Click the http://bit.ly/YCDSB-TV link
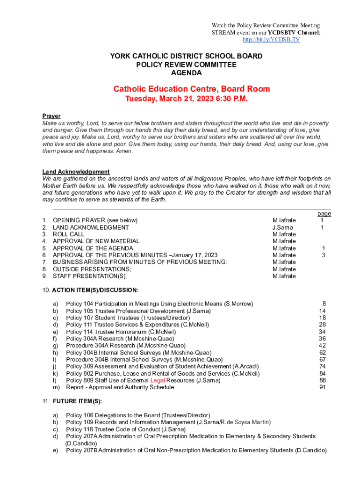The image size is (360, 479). point(271,40)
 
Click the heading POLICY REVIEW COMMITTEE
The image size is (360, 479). point(186,65)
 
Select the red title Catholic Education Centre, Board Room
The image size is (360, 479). point(191,89)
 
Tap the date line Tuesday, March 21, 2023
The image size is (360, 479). point(186,99)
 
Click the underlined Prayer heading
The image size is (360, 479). point(51,116)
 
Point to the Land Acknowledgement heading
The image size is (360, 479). point(76,172)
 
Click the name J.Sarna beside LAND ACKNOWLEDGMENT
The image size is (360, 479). point(283,227)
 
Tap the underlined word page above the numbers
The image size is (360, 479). point(324,213)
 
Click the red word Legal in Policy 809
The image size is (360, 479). point(157,381)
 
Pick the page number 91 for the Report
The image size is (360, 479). point(322,387)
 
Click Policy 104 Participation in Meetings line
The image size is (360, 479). point(159,304)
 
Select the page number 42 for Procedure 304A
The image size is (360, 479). point(322,346)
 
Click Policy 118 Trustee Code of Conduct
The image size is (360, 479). point(125,429)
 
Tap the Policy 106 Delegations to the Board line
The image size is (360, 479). point(138,415)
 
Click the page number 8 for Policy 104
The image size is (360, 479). point(324,304)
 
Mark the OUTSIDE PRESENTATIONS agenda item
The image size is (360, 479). point(92,269)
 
